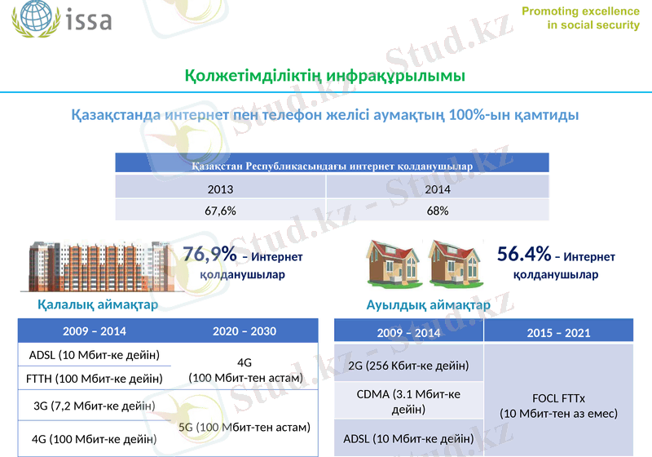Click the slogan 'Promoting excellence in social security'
point(580,18)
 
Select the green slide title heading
point(325,76)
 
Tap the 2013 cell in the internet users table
point(220,189)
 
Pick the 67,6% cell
point(220,211)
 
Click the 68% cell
point(437,211)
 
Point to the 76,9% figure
point(209,255)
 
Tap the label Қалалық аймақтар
point(97,304)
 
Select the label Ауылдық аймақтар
point(428,304)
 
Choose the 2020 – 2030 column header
point(244,331)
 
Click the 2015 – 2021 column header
point(558,333)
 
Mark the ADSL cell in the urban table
point(94,355)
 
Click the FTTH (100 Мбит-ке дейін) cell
point(94,379)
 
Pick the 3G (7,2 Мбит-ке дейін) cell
point(94,406)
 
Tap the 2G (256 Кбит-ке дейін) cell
point(408,365)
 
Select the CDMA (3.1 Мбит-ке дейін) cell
point(408,402)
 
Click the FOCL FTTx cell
point(558,406)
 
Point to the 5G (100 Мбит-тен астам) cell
point(244,427)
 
